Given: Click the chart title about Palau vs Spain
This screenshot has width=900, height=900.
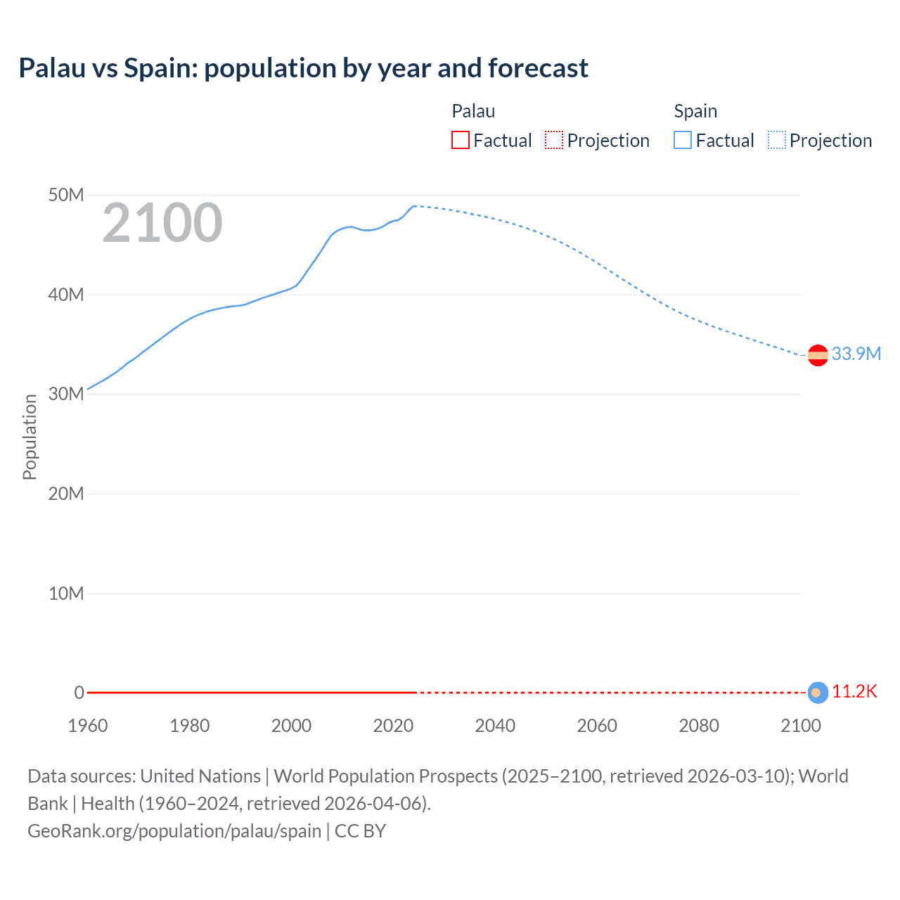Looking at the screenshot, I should point(303,68).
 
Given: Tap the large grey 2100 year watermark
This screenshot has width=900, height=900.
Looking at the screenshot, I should point(162,223).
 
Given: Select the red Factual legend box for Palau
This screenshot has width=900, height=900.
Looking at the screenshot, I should point(460,140).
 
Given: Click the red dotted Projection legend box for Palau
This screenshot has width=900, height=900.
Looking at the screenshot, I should point(554,140).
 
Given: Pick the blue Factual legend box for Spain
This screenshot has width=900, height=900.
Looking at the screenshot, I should point(682,140).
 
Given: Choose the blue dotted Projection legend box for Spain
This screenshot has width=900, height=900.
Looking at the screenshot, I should point(776,140).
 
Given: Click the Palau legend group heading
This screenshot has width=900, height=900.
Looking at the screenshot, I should point(473,111).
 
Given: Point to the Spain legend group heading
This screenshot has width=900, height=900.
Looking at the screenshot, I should point(695,111).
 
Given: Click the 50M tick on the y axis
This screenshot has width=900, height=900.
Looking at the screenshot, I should point(66,195).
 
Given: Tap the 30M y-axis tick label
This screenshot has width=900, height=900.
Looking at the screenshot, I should point(66,394).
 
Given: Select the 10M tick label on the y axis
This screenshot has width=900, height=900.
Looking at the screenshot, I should point(66,593).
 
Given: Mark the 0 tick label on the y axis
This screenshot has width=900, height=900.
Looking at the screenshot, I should point(79,693).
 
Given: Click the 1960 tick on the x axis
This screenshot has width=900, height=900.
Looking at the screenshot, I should point(88,726).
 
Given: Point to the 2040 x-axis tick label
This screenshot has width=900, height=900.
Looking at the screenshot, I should point(495,726).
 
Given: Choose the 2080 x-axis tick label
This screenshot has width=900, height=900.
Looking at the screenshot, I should point(699,726).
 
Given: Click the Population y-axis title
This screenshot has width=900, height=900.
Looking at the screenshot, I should point(30,437).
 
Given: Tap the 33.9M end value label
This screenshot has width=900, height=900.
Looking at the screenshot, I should point(856,354).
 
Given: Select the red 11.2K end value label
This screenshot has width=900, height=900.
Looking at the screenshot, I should point(854,692).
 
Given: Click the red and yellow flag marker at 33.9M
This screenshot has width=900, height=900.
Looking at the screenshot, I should point(818,356).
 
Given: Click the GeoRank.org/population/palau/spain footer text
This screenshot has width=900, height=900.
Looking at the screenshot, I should point(174,830).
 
